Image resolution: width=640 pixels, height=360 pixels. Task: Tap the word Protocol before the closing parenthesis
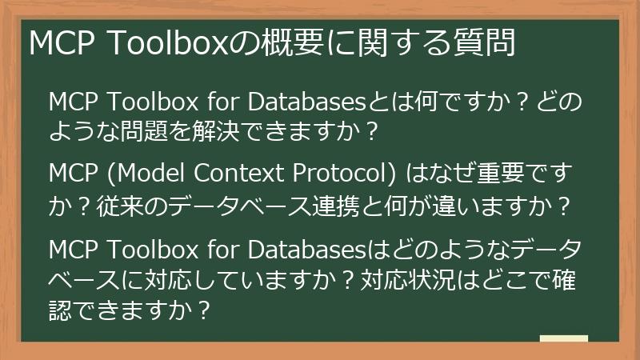point(337,175)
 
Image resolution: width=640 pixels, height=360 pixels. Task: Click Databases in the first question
point(304,102)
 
